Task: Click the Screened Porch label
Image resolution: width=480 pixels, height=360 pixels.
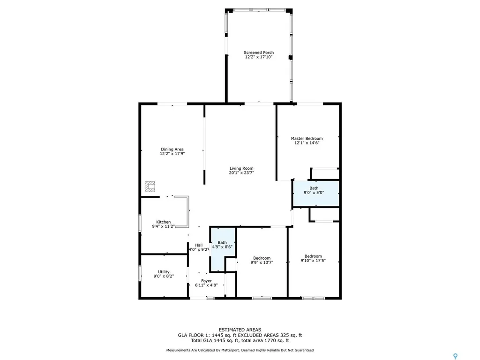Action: (x=258, y=52)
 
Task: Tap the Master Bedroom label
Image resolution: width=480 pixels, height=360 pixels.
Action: (x=307, y=138)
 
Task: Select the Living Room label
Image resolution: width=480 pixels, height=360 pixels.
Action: (x=241, y=168)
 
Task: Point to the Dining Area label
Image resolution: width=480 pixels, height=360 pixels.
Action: (x=172, y=149)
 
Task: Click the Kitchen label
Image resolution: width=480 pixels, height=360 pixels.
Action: (x=164, y=222)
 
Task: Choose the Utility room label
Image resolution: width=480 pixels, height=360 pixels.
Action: (x=164, y=271)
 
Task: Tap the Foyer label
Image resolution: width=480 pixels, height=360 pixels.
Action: (x=207, y=281)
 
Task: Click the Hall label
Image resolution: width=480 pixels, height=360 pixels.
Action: (x=199, y=245)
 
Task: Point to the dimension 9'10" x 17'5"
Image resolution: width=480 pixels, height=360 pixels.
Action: (x=313, y=261)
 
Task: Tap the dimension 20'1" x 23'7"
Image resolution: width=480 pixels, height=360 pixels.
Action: (x=241, y=173)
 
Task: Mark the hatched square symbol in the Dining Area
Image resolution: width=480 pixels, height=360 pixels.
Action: (x=150, y=187)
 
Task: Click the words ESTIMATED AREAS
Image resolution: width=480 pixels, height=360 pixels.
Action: (x=240, y=330)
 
